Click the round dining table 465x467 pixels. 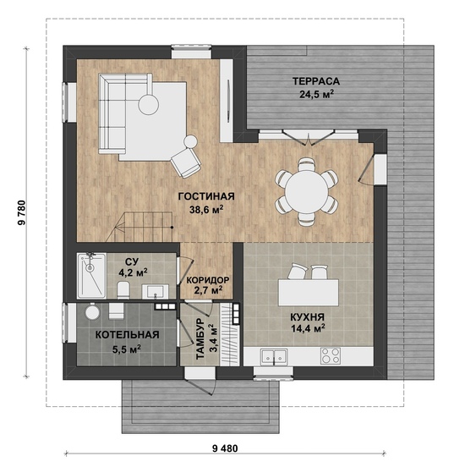307,192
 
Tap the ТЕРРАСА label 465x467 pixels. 316,81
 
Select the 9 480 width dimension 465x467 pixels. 226,448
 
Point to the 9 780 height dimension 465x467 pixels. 22,212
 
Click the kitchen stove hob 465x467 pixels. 331,355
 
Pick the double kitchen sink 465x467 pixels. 274,356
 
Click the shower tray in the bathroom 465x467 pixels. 91,276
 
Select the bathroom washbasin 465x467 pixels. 155,291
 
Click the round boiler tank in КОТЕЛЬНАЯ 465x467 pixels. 92,312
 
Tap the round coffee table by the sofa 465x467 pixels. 149,104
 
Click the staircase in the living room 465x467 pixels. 139,227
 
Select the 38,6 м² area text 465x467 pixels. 206,210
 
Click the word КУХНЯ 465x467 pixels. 308,317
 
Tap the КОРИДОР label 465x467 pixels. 208,280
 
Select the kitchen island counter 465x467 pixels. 309,292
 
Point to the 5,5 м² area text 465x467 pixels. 127,349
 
